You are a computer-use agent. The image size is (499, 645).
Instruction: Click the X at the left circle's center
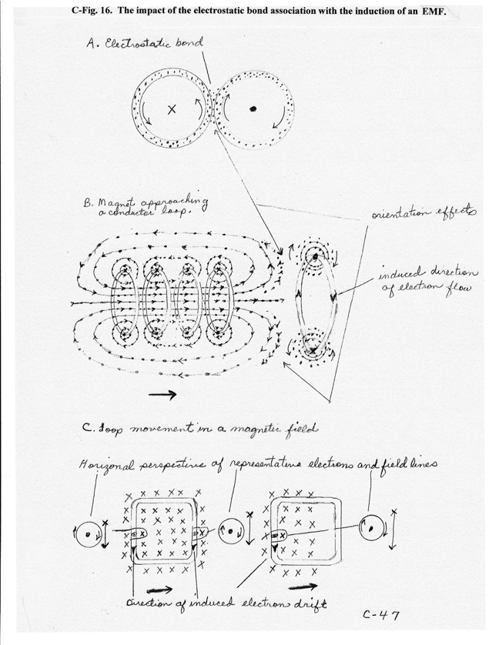172,109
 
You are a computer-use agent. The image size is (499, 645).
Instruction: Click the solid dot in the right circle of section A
253,109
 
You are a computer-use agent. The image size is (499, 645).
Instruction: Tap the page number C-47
381,615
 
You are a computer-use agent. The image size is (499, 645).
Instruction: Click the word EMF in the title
434,12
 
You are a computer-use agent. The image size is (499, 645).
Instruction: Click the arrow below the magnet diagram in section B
162,395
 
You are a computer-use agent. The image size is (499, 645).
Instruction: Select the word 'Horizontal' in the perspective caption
106,465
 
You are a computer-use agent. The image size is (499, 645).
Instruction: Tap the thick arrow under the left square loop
159,590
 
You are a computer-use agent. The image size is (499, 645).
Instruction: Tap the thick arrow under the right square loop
303,587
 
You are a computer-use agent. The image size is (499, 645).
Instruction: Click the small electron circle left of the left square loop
88,534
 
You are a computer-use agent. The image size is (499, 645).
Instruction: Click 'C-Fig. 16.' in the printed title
93,12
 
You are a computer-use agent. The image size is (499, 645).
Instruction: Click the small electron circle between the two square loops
229,531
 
